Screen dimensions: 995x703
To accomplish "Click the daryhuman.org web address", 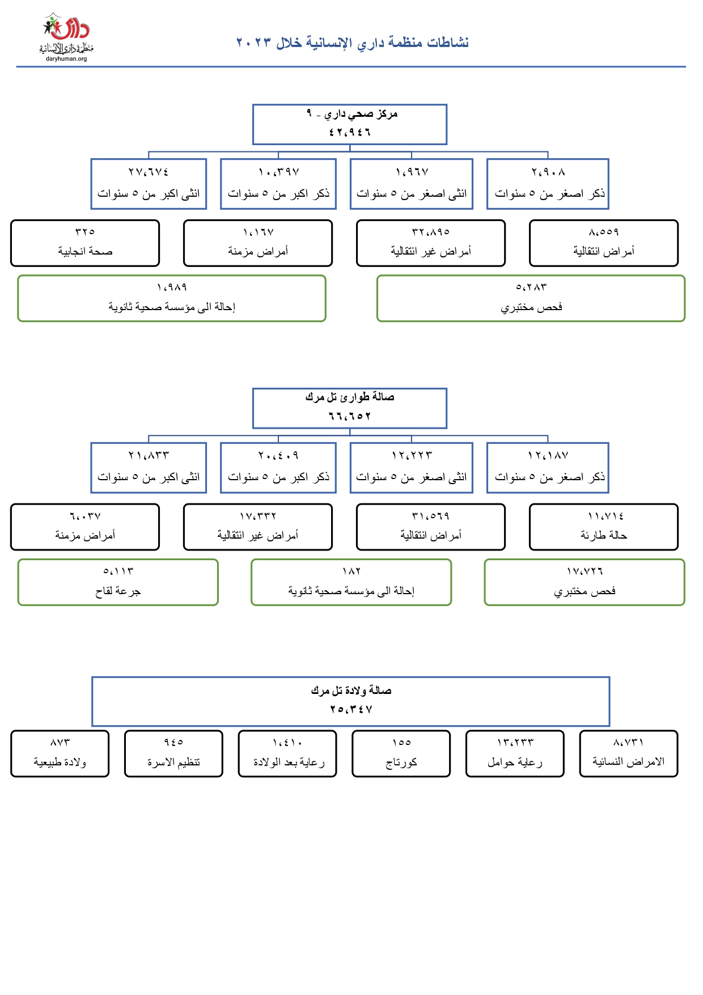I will [x=66, y=59].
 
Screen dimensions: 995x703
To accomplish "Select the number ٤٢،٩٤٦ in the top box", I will [x=350, y=132].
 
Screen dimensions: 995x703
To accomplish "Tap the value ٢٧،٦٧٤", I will [x=149, y=172].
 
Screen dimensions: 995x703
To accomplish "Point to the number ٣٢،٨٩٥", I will [x=431, y=232].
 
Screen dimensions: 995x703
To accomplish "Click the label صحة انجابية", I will [x=85, y=251].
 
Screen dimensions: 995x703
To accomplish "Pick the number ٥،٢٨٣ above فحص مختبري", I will [x=531, y=287].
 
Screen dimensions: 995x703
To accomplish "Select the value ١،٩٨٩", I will [x=172, y=287].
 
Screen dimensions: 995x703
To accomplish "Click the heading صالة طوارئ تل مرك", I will [x=350, y=397].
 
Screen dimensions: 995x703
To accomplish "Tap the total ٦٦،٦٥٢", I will [x=350, y=416].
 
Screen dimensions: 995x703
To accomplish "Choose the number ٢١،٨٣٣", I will [x=149, y=455].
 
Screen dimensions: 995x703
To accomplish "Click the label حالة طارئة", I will [x=604, y=535].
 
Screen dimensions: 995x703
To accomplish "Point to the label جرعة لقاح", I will [x=118, y=591].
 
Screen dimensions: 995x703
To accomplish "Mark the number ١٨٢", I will [x=351, y=571].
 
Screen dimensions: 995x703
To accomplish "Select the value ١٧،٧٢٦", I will [x=585, y=571].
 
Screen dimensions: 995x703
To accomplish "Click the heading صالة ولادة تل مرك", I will [x=351, y=691].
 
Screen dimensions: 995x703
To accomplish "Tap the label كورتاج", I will [x=401, y=763].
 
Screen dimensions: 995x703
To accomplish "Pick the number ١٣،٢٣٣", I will [x=515, y=742].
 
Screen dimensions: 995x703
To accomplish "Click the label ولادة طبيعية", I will [x=60, y=763].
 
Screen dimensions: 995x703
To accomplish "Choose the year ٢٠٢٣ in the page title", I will [x=253, y=43].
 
